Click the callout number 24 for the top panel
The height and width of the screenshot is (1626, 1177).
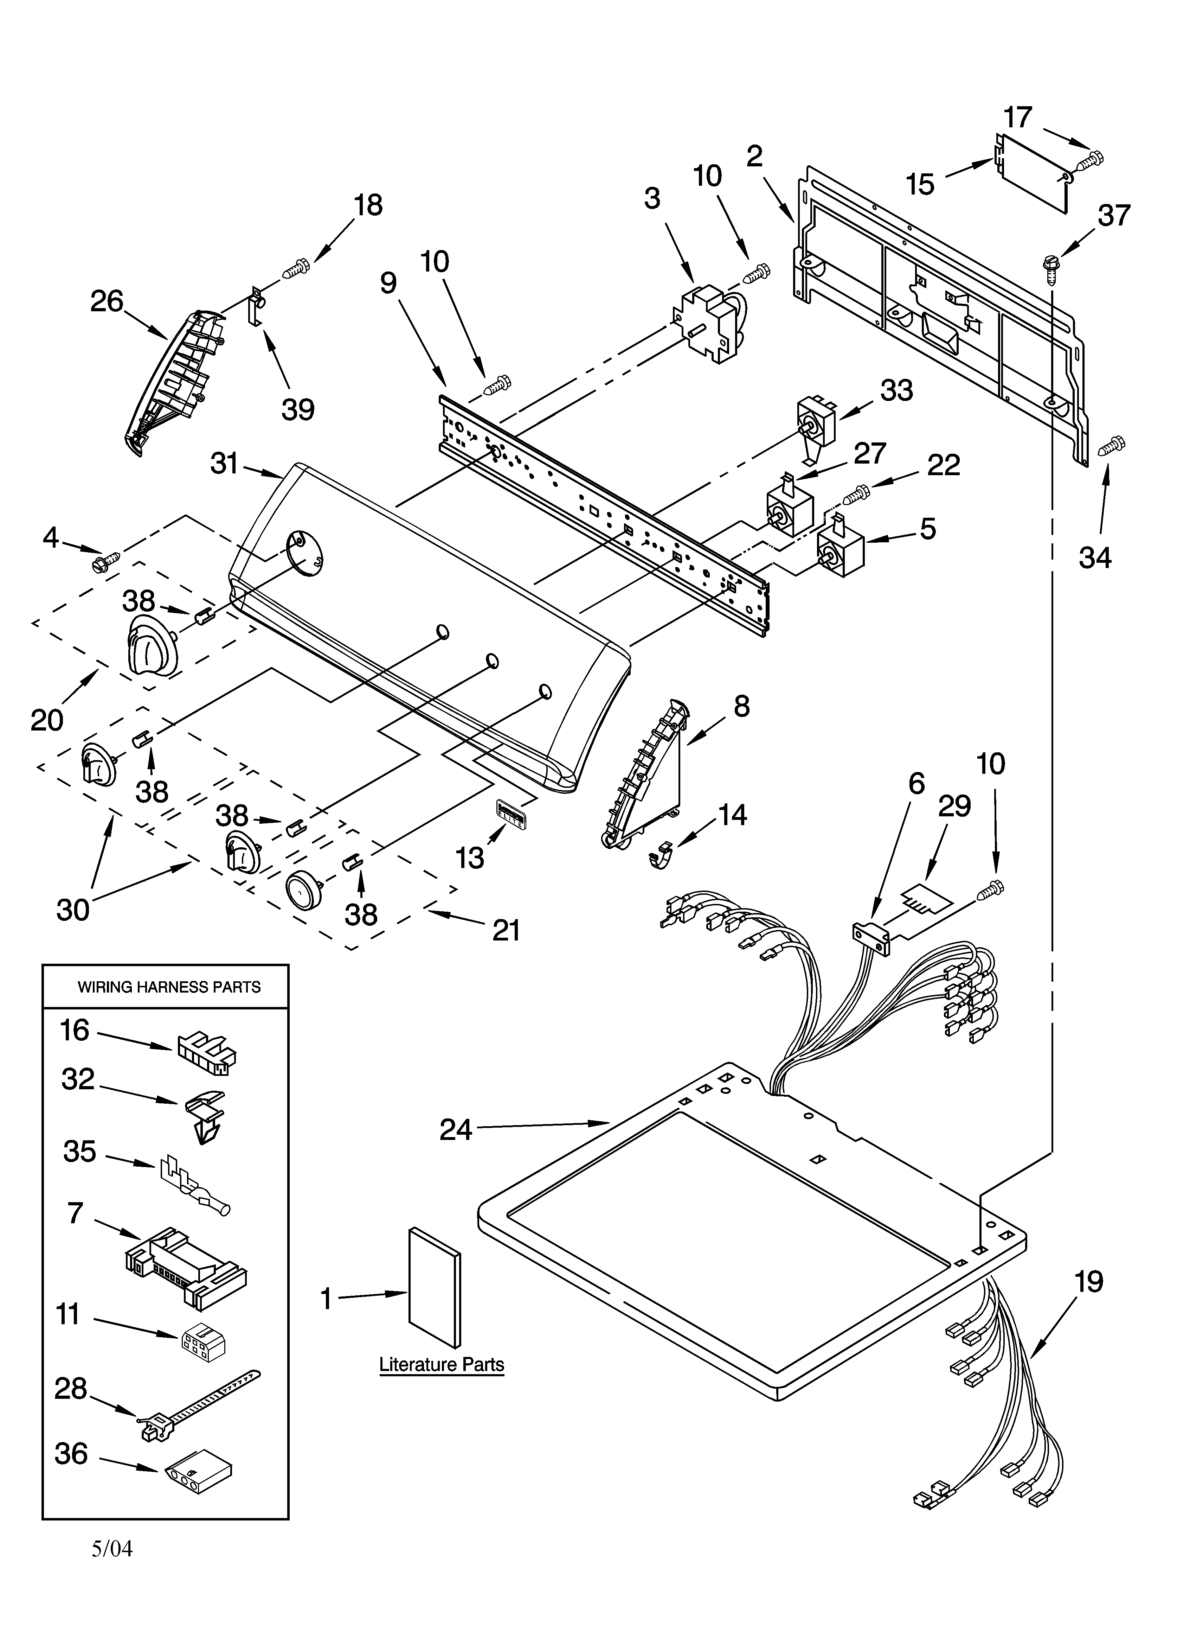click(456, 1130)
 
